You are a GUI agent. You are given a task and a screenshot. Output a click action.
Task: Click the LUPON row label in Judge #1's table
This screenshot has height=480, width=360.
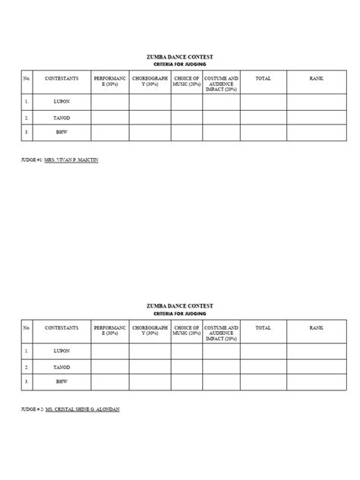(62, 101)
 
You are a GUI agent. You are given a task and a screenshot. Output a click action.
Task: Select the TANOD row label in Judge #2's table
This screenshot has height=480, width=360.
(62, 366)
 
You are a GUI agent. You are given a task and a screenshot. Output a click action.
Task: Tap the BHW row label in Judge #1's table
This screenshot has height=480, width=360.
(62, 133)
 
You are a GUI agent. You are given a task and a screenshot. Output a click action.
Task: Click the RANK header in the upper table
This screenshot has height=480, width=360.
(316, 78)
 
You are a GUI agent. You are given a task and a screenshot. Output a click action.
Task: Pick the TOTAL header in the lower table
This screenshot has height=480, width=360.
(264, 327)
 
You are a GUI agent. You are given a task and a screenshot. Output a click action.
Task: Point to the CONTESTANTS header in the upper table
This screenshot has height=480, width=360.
(62, 78)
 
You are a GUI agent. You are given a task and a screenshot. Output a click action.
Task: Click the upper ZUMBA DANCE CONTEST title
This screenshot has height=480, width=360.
(180, 57)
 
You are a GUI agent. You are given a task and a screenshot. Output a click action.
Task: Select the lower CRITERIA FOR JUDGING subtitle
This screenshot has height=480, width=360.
(180, 313)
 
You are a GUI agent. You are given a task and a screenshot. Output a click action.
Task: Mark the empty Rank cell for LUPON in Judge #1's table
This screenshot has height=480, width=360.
(316, 101)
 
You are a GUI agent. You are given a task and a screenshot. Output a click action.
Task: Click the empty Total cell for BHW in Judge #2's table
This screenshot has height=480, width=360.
(264, 381)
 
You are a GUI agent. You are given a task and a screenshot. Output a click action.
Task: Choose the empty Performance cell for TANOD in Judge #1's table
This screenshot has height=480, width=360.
(109, 118)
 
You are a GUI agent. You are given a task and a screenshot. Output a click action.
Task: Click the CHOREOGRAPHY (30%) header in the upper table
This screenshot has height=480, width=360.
(150, 81)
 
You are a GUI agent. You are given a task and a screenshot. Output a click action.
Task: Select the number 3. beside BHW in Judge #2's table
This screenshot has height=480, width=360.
(27, 381)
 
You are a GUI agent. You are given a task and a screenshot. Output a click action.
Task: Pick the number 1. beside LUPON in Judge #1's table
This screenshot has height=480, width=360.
(27, 101)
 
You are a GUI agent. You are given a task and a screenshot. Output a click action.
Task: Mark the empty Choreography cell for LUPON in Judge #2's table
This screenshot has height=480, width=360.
(150, 351)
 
